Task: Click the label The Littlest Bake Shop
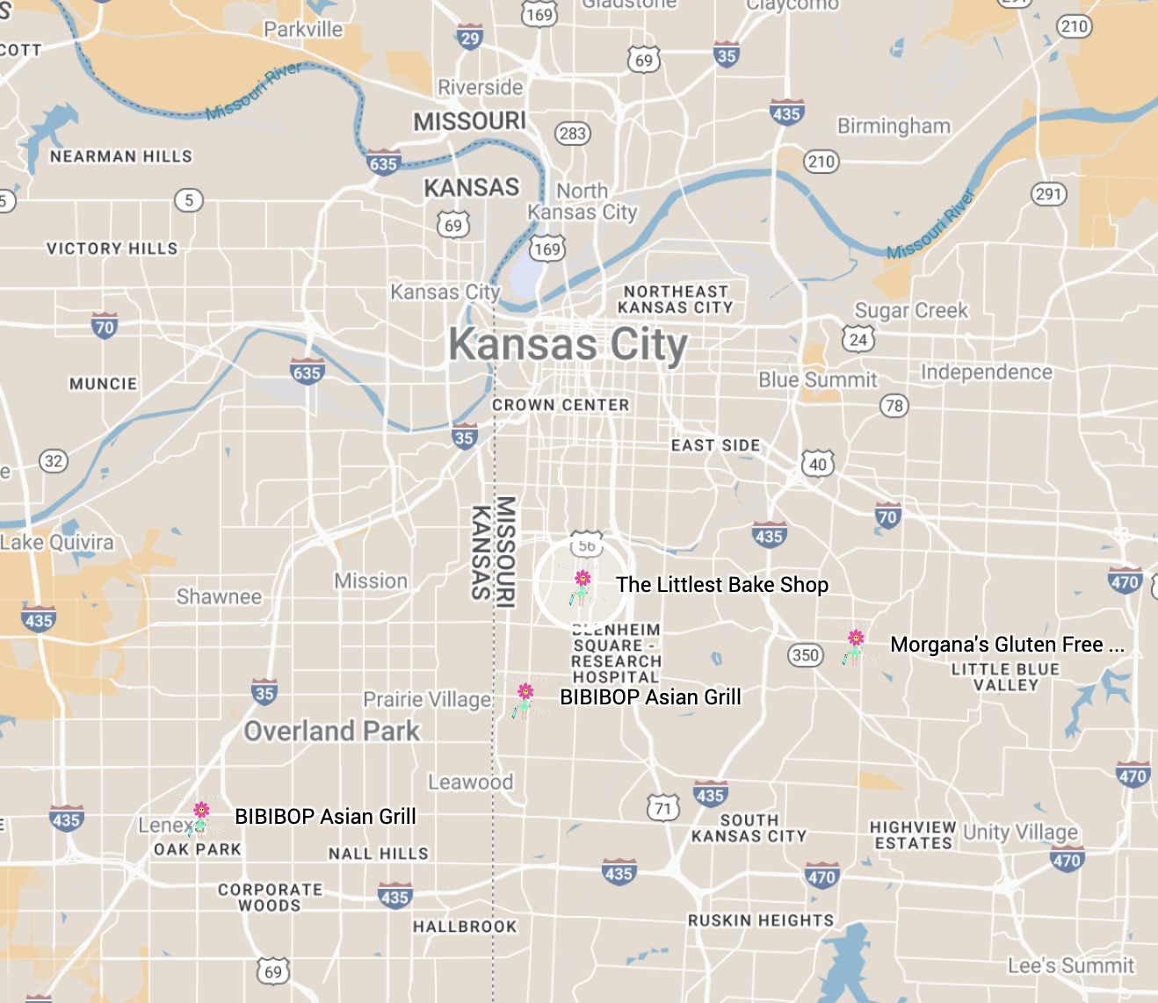[x=721, y=585]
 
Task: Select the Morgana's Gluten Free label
[x=1006, y=645]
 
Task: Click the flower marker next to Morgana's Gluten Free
[x=855, y=645]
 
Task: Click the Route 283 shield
[x=573, y=133]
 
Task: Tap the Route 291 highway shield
[x=1048, y=194]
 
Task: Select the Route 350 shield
[x=805, y=655]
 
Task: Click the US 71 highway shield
[x=663, y=809]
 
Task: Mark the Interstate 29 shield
[x=470, y=38]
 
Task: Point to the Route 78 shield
[x=894, y=406]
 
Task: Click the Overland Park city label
[x=332, y=731]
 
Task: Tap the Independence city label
[x=986, y=372]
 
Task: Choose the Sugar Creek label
[x=911, y=311]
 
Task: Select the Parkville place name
[x=303, y=29]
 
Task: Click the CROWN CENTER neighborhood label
[x=561, y=405]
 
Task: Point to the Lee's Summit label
[x=1071, y=966]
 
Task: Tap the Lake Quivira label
[x=58, y=543]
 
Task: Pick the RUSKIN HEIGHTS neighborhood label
[x=761, y=920]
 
